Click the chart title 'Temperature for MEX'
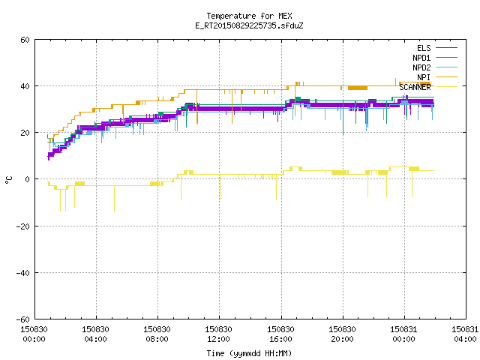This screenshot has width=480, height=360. click(249, 16)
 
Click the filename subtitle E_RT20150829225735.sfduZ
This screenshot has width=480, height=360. click(249, 25)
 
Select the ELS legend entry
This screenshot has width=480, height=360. click(436, 48)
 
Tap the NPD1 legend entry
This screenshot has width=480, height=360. click(435, 58)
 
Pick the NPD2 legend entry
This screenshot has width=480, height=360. click(435, 67)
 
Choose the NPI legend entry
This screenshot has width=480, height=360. click(436, 77)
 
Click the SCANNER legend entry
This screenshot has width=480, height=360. click(428, 87)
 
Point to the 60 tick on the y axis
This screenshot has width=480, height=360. click(25, 40)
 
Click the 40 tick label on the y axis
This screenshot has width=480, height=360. click(25, 86)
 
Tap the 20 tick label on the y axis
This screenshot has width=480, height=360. click(25, 133)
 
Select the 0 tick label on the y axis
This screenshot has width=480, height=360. click(27, 179)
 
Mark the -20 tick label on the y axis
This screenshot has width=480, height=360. click(23, 226)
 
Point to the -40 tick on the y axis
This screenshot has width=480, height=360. click(23, 273)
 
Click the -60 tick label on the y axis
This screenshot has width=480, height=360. click(23, 319)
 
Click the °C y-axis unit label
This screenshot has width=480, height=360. click(8, 180)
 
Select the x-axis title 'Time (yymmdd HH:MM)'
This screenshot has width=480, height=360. click(249, 353)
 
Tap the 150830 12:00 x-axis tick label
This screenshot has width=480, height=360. click(218, 334)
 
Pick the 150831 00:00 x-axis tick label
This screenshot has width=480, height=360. click(403, 334)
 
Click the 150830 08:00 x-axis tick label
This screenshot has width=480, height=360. click(157, 334)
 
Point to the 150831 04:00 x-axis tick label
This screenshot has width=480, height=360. click(465, 334)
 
